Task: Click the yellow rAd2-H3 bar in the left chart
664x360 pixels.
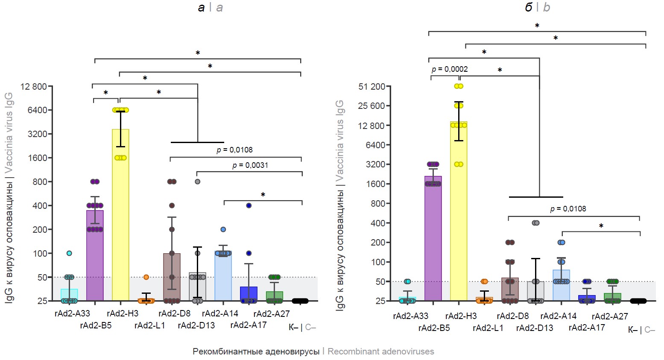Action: pos(120,214)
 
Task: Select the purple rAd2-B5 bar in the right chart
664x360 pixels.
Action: pos(433,239)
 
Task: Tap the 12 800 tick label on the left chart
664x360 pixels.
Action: pos(34,87)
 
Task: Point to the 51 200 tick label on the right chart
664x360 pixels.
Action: pos(372,87)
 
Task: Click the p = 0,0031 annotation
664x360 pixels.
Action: pos(250,165)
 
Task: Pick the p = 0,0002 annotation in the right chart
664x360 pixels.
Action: pos(450,69)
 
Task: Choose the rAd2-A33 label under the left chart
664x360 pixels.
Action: pos(72,314)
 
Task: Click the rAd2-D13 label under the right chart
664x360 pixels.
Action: pos(535,328)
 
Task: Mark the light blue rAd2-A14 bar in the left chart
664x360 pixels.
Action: pos(223,278)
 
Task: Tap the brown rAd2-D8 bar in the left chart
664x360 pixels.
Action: pos(172,278)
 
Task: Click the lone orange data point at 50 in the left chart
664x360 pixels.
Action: pos(146,277)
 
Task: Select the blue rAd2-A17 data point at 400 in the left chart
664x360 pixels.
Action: pos(249,205)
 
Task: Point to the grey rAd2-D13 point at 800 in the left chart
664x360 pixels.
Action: pos(197,181)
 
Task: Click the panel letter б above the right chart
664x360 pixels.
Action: pos(528,7)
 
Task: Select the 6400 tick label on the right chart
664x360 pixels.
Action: pos(375,145)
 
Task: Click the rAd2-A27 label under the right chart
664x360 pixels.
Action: pos(610,316)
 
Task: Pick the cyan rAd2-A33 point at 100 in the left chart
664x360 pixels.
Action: pos(69,253)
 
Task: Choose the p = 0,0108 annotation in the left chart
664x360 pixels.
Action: pos(234,150)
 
